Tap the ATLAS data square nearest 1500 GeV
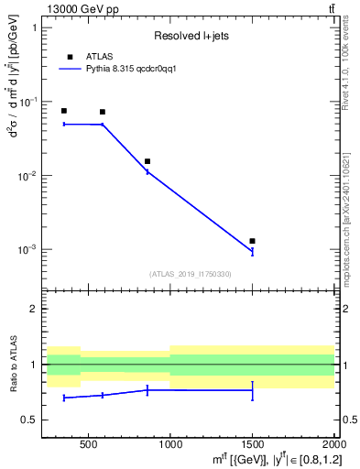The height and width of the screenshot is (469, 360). [x=252, y=241]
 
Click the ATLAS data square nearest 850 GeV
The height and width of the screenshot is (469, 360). [x=147, y=161]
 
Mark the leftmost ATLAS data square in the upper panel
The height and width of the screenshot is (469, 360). [x=63, y=111]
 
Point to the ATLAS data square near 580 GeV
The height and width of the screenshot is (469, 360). [x=102, y=112]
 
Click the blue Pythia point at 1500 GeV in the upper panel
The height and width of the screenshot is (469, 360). [x=252, y=252]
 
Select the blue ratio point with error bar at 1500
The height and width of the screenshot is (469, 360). [x=252, y=390]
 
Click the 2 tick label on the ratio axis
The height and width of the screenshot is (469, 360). [x=35, y=309]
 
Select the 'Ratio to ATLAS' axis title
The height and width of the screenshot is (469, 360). [x=14, y=364]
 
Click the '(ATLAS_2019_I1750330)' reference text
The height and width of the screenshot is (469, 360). [x=191, y=274]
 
